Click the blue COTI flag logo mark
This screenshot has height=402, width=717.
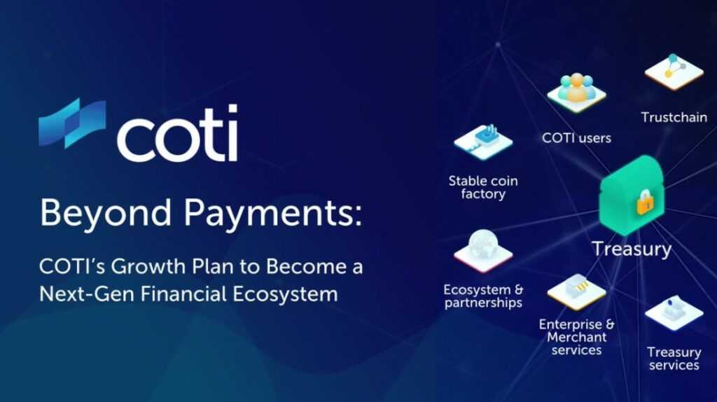click(x=72, y=123)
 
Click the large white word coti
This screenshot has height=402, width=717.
click(x=177, y=133)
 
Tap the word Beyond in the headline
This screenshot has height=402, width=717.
click(x=106, y=214)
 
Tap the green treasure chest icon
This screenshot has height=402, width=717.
click(x=632, y=195)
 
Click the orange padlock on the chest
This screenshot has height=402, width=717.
click(x=645, y=202)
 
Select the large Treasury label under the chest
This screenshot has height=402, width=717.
click(x=632, y=249)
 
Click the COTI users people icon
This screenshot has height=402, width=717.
click(x=577, y=92)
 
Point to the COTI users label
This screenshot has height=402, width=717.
click(x=577, y=138)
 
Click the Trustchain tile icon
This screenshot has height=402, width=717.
click(x=674, y=72)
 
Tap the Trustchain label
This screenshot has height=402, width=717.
click(x=674, y=118)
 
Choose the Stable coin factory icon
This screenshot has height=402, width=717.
click(x=483, y=141)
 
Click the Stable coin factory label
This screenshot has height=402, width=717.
click(x=483, y=188)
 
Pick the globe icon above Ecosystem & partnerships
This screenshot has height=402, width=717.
click(x=483, y=251)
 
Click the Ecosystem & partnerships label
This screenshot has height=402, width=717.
click(x=483, y=296)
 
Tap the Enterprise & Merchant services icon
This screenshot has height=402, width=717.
click(x=577, y=292)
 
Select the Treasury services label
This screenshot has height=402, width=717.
click(x=674, y=359)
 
